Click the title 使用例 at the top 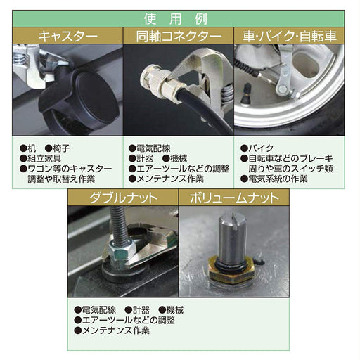179,19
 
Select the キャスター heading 67,36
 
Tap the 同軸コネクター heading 179,36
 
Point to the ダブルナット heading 122,198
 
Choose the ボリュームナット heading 234,198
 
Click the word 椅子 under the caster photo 60,148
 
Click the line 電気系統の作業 277,179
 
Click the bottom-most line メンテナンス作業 116,330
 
